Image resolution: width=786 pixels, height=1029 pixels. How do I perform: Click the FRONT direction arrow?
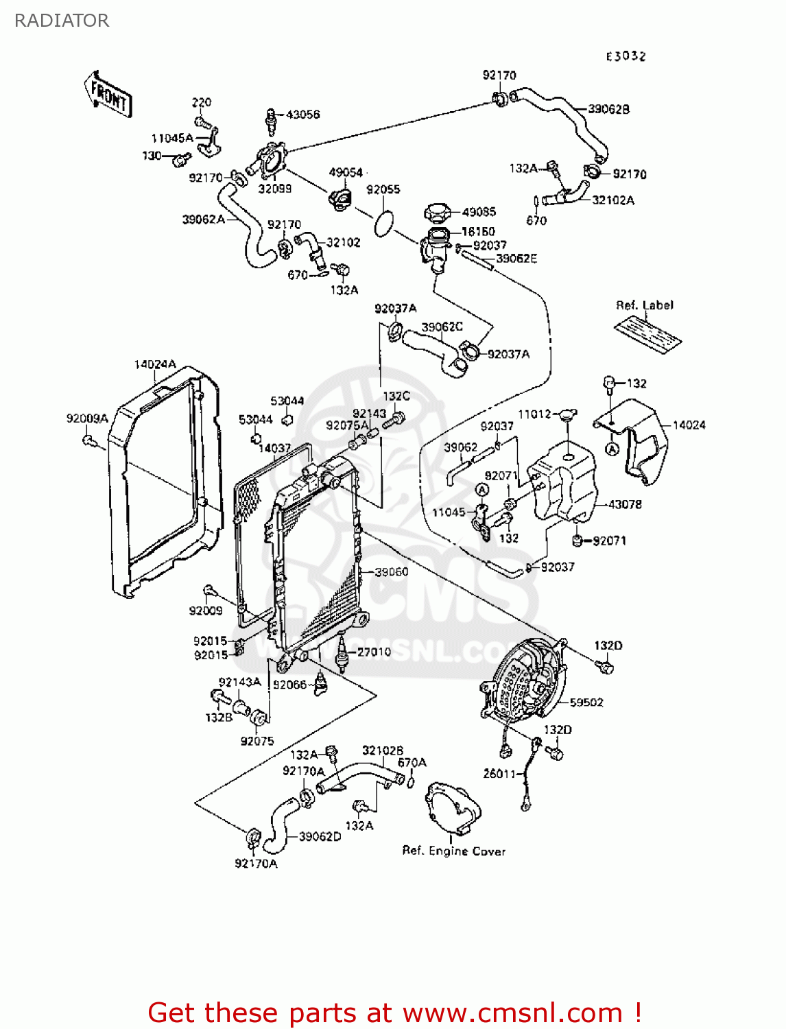click(x=108, y=95)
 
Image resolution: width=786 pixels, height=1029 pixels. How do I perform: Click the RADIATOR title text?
click(x=62, y=21)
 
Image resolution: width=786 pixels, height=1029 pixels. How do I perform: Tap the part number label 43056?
click(x=302, y=115)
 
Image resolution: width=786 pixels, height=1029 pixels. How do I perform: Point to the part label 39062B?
click(x=608, y=109)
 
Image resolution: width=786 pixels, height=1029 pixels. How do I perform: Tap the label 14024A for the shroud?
click(x=155, y=364)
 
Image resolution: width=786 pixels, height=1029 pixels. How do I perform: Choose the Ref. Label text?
click(x=644, y=305)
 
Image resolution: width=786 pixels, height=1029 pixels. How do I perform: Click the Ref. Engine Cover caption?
click(x=453, y=851)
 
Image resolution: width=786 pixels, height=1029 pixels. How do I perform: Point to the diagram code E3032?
click(x=626, y=56)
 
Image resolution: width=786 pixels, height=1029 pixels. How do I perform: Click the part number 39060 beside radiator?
click(x=391, y=571)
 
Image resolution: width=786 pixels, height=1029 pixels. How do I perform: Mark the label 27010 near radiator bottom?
click(x=374, y=652)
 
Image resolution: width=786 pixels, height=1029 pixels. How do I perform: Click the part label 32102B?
click(x=382, y=750)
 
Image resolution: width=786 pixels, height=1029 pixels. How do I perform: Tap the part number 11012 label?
click(x=534, y=414)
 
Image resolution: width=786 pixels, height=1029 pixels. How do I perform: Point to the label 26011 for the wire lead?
click(x=499, y=773)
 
